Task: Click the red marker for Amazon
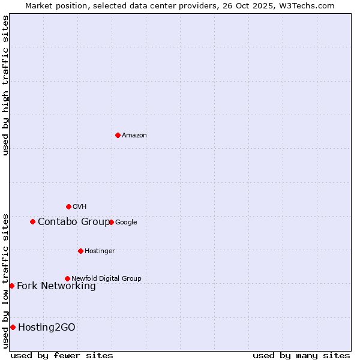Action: tap(118, 135)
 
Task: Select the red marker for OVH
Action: tap(68, 206)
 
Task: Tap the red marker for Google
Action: tap(111, 222)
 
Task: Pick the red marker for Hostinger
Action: tap(80, 251)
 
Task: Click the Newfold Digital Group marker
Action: tap(67, 278)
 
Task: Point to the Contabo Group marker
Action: tap(32, 221)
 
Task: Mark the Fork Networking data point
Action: tap(11, 286)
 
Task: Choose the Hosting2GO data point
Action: tap(13, 327)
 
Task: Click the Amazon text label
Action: tap(134, 136)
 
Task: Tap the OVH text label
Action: tap(80, 207)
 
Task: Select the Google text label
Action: tap(126, 223)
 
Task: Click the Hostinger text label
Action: tap(100, 251)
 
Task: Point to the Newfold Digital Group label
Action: tap(106, 279)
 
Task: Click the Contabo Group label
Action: tap(74, 222)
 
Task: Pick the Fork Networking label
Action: tap(56, 286)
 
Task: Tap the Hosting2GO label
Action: tap(47, 328)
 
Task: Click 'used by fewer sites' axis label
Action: tap(62, 355)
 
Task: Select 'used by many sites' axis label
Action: tap(301, 355)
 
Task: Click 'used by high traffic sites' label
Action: tap(5, 85)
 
